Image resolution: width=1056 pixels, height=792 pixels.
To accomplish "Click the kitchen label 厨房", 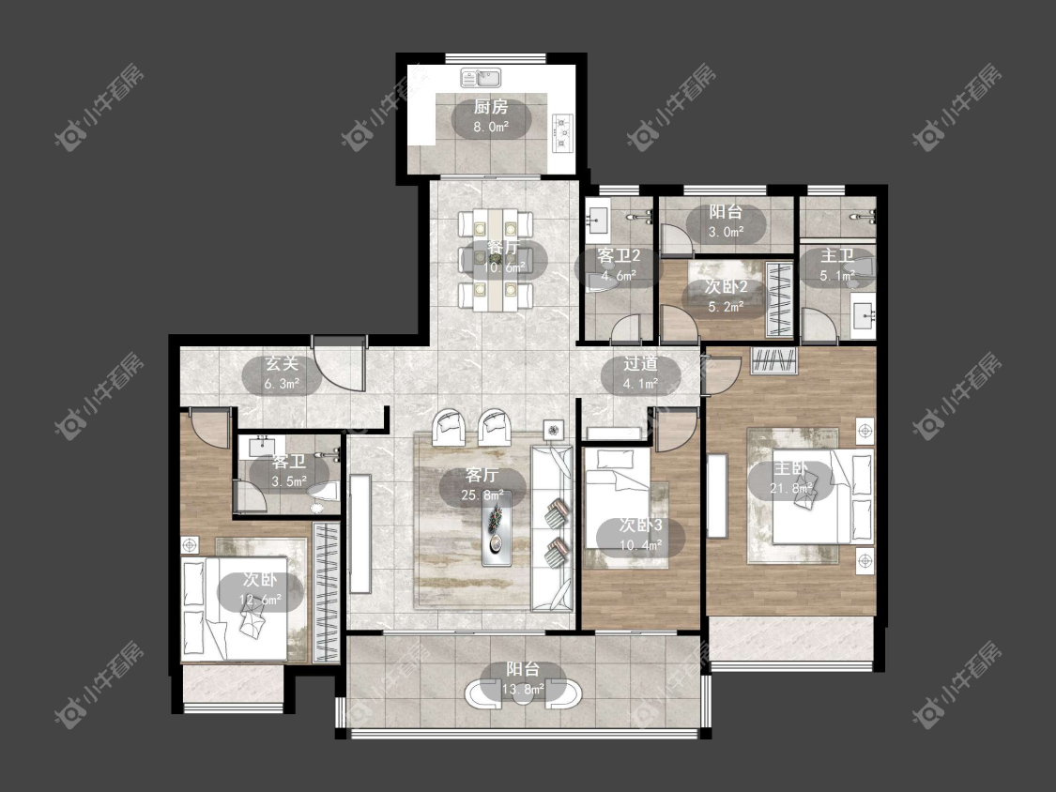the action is point(490,107).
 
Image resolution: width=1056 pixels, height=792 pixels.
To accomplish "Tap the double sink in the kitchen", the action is point(482,78).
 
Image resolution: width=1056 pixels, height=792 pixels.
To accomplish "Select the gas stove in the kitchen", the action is point(562,132).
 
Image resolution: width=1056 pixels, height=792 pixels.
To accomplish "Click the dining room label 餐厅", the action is point(503,247).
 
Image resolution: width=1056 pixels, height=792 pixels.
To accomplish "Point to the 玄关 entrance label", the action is point(282,364).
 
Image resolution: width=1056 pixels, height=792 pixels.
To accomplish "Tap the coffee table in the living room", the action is point(497,528).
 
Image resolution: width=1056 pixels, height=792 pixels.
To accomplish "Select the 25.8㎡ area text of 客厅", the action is point(482,495).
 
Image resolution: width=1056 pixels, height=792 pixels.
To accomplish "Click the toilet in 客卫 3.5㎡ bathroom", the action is point(322,493).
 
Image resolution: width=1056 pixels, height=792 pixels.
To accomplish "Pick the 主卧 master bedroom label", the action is point(790,469).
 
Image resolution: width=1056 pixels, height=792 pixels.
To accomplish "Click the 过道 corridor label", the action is point(640,364).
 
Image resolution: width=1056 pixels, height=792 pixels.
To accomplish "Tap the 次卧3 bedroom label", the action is point(640,525).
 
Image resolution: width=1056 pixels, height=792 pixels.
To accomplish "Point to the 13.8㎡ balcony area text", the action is point(523,689).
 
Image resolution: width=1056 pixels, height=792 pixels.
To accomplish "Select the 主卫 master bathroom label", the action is point(837,256).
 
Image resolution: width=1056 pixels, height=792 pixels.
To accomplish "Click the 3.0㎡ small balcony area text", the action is point(726,232).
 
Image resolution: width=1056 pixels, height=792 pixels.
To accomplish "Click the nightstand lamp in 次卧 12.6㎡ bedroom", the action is point(191,544).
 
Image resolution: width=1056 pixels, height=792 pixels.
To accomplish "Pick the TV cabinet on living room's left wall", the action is point(360,533).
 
